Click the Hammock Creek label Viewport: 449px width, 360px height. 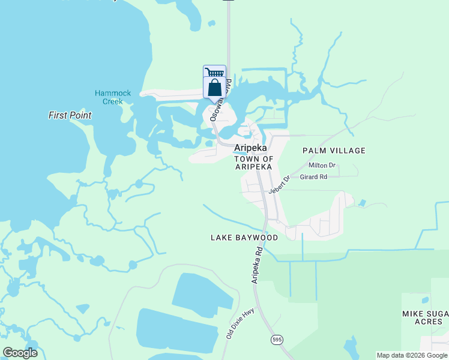click(x=109, y=97)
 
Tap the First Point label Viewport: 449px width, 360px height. click(x=70, y=115)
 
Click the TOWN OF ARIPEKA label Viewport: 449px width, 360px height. click(x=254, y=163)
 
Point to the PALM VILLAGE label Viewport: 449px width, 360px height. click(x=334, y=151)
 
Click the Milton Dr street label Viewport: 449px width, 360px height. click(x=322, y=165)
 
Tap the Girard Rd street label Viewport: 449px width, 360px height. click(x=313, y=177)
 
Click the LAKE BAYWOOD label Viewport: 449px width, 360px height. click(x=244, y=238)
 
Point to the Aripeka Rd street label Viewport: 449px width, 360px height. click(x=257, y=265)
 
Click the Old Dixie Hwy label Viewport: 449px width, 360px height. click(x=232, y=324)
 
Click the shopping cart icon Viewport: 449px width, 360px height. click(x=215, y=73)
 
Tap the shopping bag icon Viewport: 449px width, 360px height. click(x=215, y=88)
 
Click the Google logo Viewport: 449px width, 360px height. click(x=20, y=353)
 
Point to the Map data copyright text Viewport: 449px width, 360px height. click(x=412, y=355)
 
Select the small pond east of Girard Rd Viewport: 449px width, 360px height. click(x=362, y=203)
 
